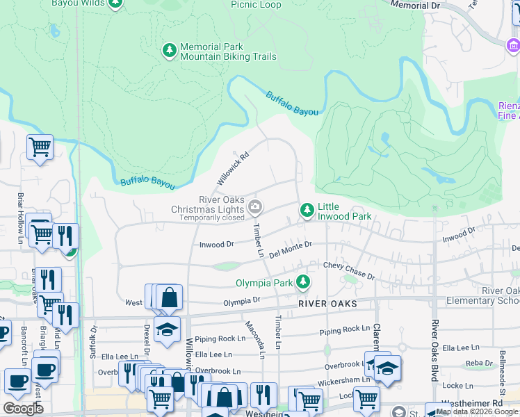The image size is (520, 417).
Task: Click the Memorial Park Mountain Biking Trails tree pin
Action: pyautogui.click(x=169, y=51)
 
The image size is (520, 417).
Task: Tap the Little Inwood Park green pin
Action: pyautogui.click(x=306, y=210)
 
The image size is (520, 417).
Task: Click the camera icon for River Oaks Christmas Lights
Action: pyautogui.click(x=255, y=206)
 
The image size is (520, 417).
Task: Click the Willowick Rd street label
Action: pyautogui.click(x=232, y=168)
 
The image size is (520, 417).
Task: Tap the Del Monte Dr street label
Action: pyautogui.click(x=291, y=248)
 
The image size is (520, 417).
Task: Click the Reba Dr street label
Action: pyautogui.click(x=479, y=363)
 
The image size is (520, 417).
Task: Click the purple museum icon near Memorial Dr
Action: pyautogui.click(x=512, y=46)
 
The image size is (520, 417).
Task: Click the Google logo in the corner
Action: pyautogui.click(x=23, y=409)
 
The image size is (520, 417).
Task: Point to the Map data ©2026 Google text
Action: pyautogui.click(x=477, y=412)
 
